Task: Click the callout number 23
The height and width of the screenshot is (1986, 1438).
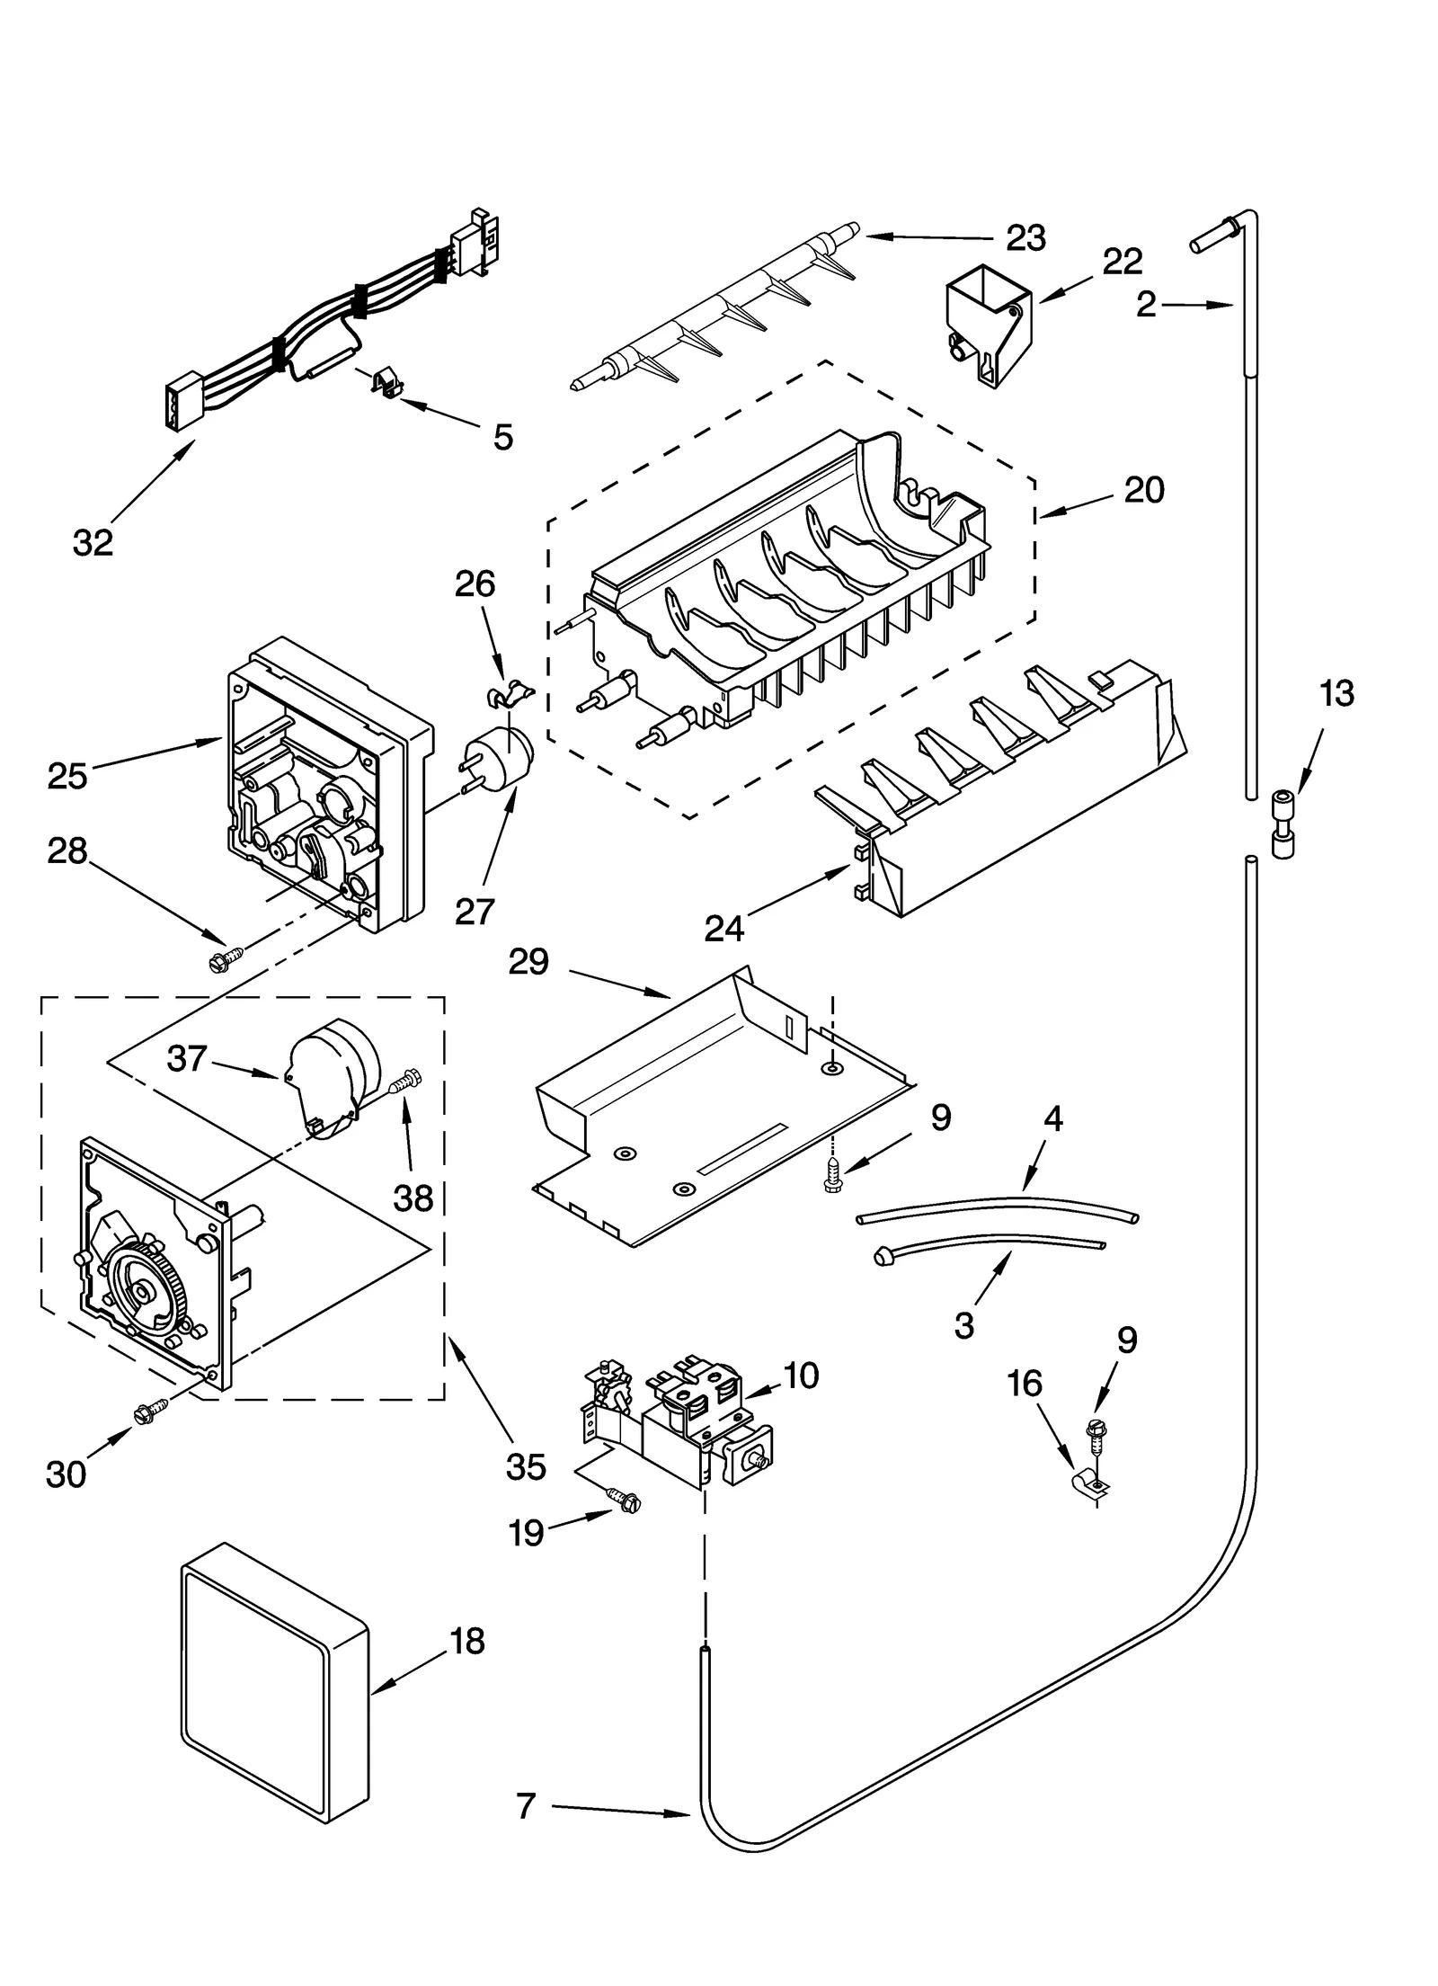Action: tap(1025, 238)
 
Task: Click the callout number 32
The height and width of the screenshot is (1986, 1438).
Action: tap(93, 542)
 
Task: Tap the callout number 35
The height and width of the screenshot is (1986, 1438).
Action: tap(526, 1466)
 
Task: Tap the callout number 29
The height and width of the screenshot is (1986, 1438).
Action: tap(528, 962)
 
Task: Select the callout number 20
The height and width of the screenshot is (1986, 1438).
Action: tap(1143, 490)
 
